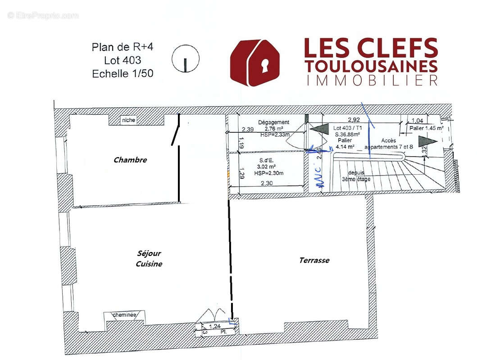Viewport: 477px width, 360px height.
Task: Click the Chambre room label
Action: click(130, 160)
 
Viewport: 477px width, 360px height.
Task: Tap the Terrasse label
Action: click(314, 260)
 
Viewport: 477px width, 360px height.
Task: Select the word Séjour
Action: click(149, 253)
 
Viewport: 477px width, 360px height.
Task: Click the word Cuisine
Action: click(149, 264)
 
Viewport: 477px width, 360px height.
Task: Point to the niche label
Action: click(128, 120)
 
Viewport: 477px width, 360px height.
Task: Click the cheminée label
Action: click(124, 315)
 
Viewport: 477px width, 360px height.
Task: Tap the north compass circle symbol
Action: click(186, 59)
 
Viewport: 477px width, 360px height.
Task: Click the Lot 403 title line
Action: click(123, 60)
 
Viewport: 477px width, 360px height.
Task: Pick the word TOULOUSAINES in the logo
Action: click(371, 66)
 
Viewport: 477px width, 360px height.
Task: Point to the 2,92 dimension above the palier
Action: click(354, 120)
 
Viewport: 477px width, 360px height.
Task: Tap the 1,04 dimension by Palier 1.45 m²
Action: click(418, 121)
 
